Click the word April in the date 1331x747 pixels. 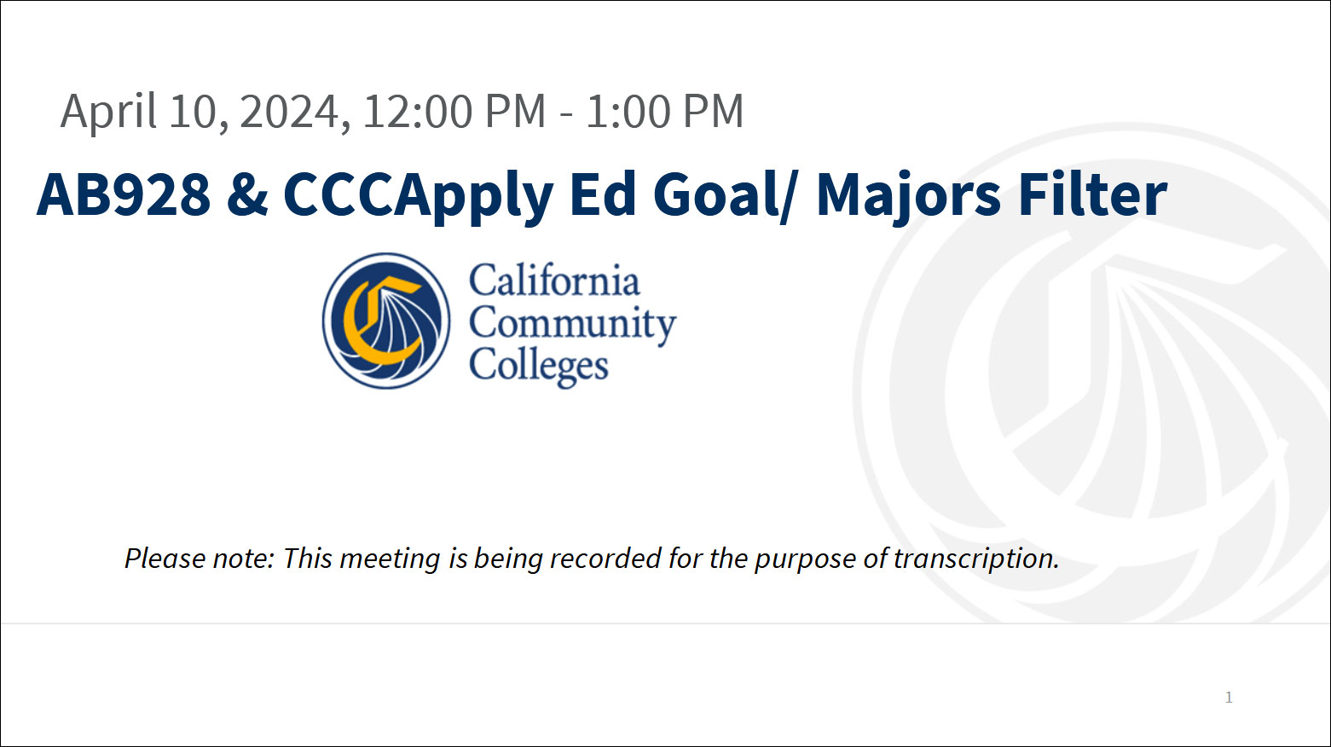tap(109, 112)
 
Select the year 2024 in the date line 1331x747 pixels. tap(290, 112)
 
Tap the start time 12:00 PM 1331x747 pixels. tap(454, 112)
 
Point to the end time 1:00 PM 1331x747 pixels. tap(664, 112)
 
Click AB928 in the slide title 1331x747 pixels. tap(124, 194)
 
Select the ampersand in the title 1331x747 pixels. tap(247, 194)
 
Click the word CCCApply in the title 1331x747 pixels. tap(418, 194)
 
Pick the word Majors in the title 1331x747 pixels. tap(908, 194)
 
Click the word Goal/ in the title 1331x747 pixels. tap(725, 194)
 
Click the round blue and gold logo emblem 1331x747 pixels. tap(386, 321)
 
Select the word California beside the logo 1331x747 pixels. tap(554, 281)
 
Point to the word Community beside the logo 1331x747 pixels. tap(572, 324)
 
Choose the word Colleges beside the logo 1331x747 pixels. tap(539, 366)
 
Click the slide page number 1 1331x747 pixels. tap(1229, 697)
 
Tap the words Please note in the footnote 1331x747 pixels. tap(199, 559)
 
